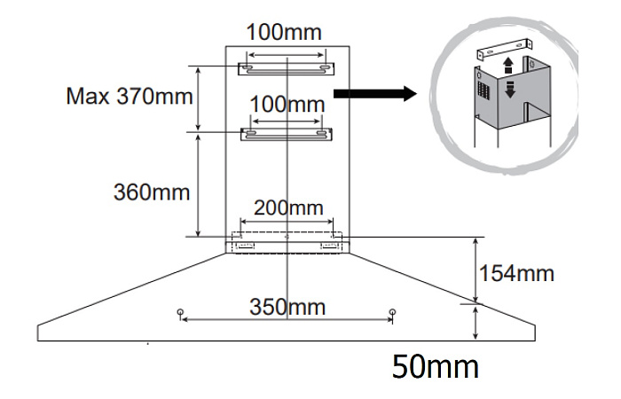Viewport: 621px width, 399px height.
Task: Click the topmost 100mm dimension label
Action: (x=284, y=32)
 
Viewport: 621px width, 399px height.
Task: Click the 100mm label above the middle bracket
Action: (x=287, y=105)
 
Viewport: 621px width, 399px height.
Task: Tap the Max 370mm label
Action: (x=130, y=96)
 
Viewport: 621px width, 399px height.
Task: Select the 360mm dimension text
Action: (x=152, y=192)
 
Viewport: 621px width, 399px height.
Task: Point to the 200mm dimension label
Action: (x=288, y=207)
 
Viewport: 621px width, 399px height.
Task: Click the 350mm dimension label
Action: (x=287, y=307)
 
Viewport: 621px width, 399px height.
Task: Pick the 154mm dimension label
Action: (x=516, y=273)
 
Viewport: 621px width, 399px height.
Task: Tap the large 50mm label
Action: (x=436, y=367)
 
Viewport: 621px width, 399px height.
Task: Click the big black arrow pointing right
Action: (x=375, y=94)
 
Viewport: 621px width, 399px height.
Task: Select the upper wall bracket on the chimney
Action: (x=286, y=69)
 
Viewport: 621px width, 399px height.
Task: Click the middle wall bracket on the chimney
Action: (x=287, y=134)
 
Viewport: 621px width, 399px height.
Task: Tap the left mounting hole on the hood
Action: (x=181, y=312)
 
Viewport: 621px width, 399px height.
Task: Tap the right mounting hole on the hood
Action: (x=392, y=312)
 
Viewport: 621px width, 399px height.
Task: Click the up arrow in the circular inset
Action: (x=508, y=66)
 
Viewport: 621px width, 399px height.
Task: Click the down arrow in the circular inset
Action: (x=510, y=90)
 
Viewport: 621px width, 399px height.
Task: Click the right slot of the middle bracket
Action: (x=323, y=132)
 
